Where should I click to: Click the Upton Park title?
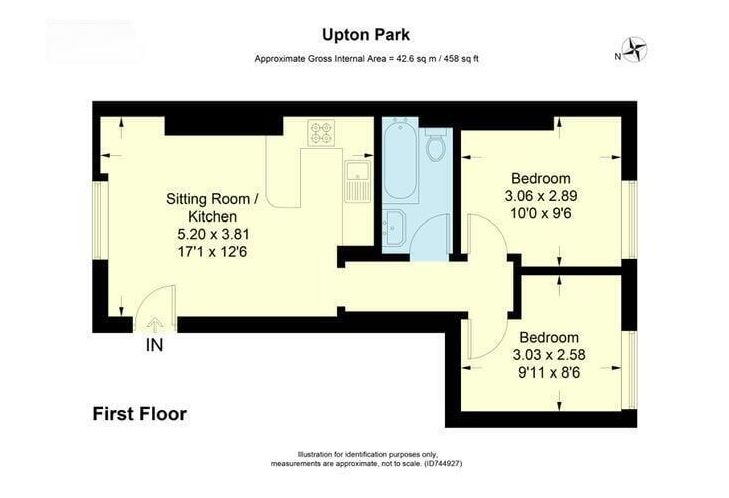pyautogui.click(x=366, y=35)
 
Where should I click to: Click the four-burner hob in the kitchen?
pyautogui.click(x=321, y=132)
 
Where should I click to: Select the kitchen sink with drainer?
pyautogui.click(x=358, y=181)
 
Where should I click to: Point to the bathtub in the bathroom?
pyautogui.click(x=399, y=159)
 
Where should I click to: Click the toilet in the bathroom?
pyautogui.click(x=437, y=145)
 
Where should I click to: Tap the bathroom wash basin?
pyautogui.click(x=394, y=228)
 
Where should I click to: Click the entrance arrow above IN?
pyautogui.click(x=153, y=323)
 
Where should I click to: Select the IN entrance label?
pyautogui.click(x=154, y=345)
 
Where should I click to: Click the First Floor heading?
pyautogui.click(x=139, y=414)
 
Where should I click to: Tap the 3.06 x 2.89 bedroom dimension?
pyautogui.click(x=541, y=196)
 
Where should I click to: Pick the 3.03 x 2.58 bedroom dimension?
pyautogui.click(x=549, y=355)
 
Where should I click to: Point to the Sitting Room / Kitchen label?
pyautogui.click(x=212, y=207)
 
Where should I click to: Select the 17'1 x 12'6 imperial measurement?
pyautogui.click(x=212, y=252)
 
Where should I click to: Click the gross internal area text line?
pyautogui.click(x=366, y=59)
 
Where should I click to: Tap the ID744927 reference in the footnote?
pyautogui.click(x=444, y=464)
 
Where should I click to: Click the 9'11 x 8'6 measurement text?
pyautogui.click(x=550, y=373)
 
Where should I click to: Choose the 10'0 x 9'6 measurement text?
pyautogui.click(x=541, y=213)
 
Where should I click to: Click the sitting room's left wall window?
pyautogui.click(x=100, y=220)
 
